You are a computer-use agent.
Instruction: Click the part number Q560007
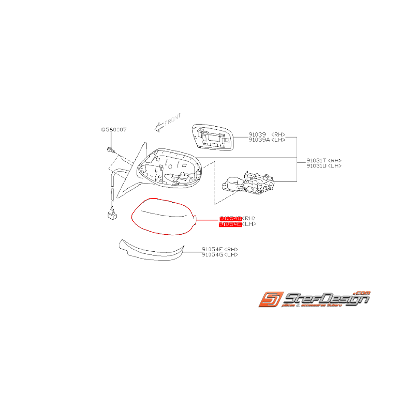[114, 129]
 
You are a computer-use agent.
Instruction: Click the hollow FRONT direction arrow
[159, 126]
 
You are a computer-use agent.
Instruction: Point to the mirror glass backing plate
[213, 137]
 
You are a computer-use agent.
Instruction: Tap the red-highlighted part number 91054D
[230, 218]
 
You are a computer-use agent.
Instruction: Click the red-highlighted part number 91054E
[230, 224]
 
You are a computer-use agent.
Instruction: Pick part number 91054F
[212, 250]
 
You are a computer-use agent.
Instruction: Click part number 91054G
[212, 255]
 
